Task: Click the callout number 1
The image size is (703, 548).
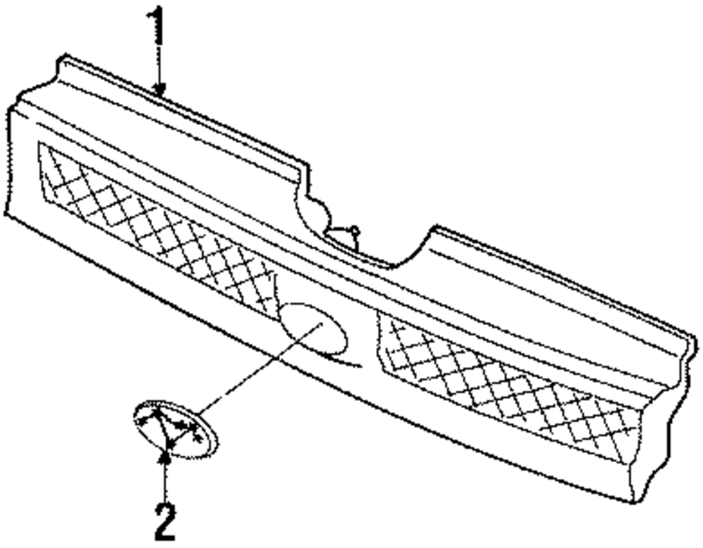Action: click(160, 27)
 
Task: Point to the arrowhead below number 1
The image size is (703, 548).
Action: click(161, 89)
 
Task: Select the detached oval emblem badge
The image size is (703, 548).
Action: click(175, 430)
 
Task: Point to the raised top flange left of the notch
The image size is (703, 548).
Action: click(183, 120)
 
